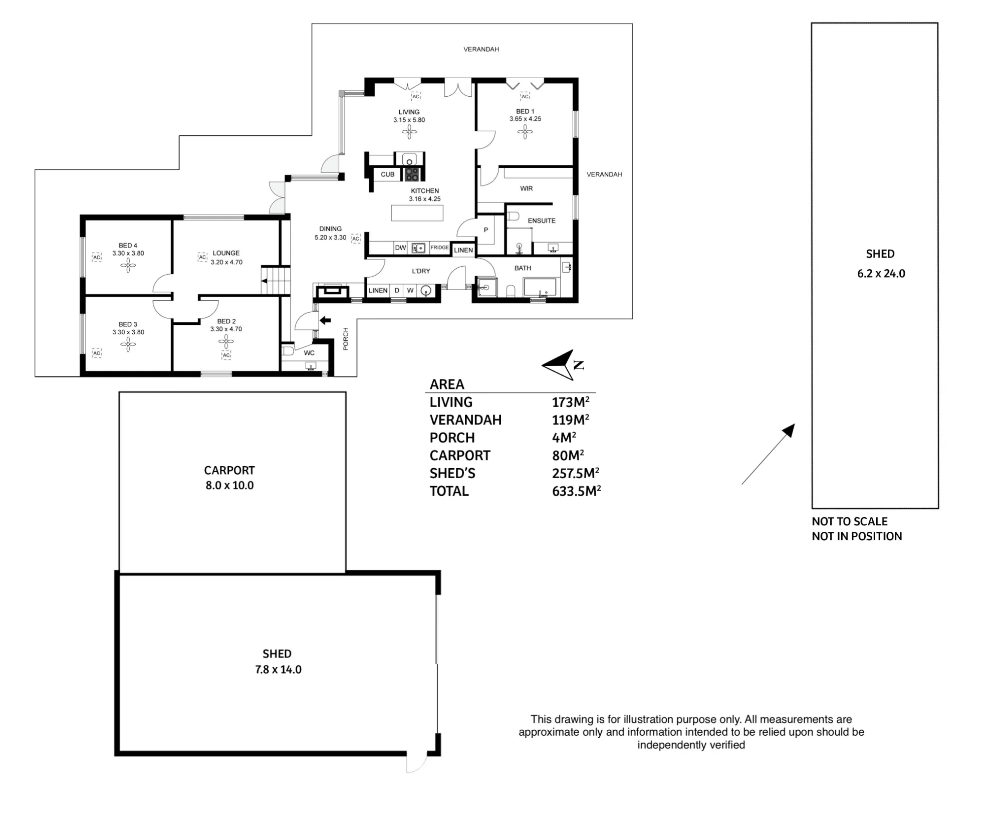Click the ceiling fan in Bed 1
(525, 132)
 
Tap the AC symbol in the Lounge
(202, 257)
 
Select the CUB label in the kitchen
(387, 174)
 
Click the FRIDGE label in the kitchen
(439, 248)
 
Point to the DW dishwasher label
(400, 248)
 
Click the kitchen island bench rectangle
(417, 213)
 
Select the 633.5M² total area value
(576, 491)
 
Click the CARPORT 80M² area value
(568, 455)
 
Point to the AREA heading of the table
(447, 384)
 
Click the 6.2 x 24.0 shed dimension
(881, 274)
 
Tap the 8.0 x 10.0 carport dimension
(229, 485)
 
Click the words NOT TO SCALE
(850, 521)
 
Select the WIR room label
(526, 188)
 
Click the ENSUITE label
(542, 221)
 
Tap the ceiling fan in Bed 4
(128, 265)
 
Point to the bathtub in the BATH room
(540, 287)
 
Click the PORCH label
(346, 339)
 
